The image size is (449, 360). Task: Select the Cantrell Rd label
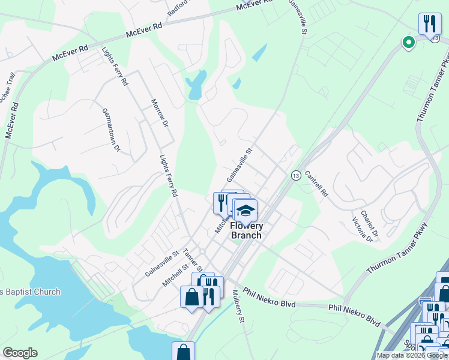316,184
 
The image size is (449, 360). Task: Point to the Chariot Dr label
374,226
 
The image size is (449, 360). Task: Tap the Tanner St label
193,260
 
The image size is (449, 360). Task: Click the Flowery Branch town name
247,230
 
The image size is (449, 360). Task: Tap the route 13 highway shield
296,175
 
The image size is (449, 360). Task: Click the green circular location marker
408,43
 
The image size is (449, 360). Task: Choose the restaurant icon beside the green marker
429,24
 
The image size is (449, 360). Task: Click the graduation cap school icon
246,211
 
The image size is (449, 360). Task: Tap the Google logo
20,353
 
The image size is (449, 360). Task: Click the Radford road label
179,7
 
